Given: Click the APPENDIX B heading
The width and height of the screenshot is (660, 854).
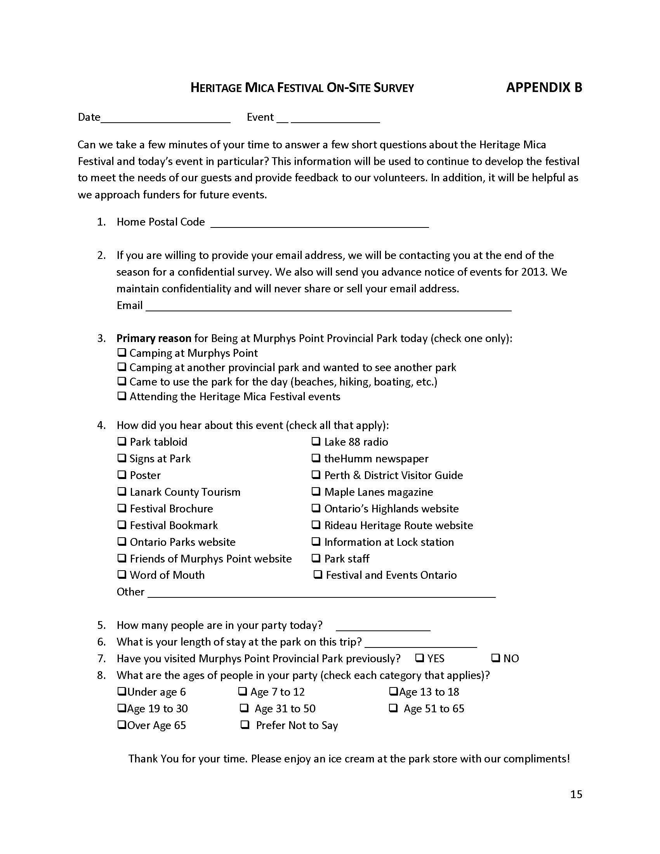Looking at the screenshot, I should (x=544, y=87).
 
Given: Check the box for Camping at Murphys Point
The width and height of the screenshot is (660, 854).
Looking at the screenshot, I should (x=122, y=353).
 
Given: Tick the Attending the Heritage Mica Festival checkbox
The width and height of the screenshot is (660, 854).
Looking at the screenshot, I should (x=122, y=396).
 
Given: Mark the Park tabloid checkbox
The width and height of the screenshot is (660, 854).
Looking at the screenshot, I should (x=122, y=441).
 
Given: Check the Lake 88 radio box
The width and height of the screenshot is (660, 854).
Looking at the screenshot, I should (x=316, y=441).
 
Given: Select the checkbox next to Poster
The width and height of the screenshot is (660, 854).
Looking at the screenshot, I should (x=122, y=475).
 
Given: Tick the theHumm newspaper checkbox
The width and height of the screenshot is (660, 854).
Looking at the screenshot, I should (x=316, y=458).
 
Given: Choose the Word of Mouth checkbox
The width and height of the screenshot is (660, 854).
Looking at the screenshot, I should (x=122, y=575).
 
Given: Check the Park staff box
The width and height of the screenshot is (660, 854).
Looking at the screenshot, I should (x=316, y=558).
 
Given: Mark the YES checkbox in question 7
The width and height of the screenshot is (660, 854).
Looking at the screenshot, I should (x=420, y=658).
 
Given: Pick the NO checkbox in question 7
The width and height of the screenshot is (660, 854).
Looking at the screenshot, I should (x=496, y=658).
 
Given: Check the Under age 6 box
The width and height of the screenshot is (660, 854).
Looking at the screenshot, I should (x=122, y=691).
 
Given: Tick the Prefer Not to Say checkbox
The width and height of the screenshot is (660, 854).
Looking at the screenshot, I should (x=245, y=725).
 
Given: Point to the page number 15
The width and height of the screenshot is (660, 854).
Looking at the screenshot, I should (x=576, y=794).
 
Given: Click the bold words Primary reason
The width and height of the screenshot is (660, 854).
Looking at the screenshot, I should (x=154, y=338).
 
